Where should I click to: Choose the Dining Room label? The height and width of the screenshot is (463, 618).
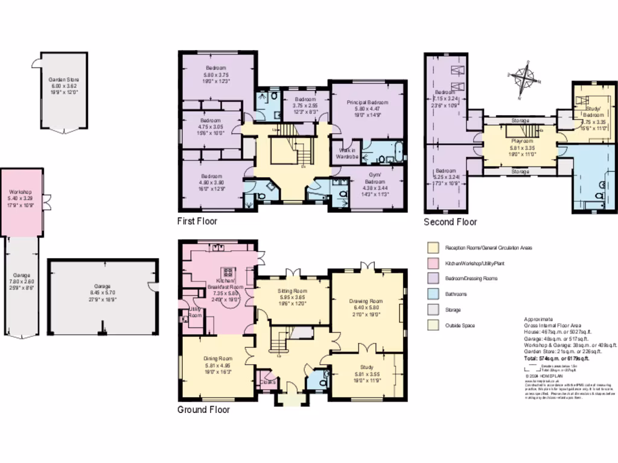click(217, 365)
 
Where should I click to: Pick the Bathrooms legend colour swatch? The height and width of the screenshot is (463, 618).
click(432, 294)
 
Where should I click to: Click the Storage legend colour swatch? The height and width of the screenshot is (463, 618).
click(432, 310)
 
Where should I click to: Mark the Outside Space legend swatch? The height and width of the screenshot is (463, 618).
click(432, 326)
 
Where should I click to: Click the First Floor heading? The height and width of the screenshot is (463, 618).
click(197, 221)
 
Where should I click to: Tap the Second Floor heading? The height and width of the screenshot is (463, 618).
click(450, 222)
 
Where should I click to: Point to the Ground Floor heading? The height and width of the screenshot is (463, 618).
click(203, 410)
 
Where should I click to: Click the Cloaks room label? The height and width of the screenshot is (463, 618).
click(267, 382)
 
